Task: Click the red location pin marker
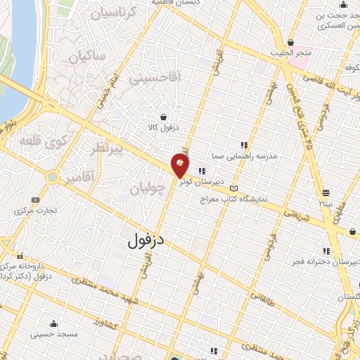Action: pyautogui.click(x=181, y=167)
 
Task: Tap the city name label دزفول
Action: pyautogui.click(x=146, y=239)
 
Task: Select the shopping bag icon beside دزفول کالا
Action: pyautogui.click(x=163, y=117)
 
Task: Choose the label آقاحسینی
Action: pyautogui.click(x=155, y=78)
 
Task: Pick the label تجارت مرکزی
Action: pyautogui.click(x=38, y=209)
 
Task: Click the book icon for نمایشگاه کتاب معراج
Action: pyautogui.click(x=234, y=189)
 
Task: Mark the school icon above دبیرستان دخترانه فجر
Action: pyautogui.click(x=325, y=251)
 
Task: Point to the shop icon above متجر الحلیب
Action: pyautogui.click(x=290, y=41)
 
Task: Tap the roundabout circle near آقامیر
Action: pyautogui.click(x=51, y=176)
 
